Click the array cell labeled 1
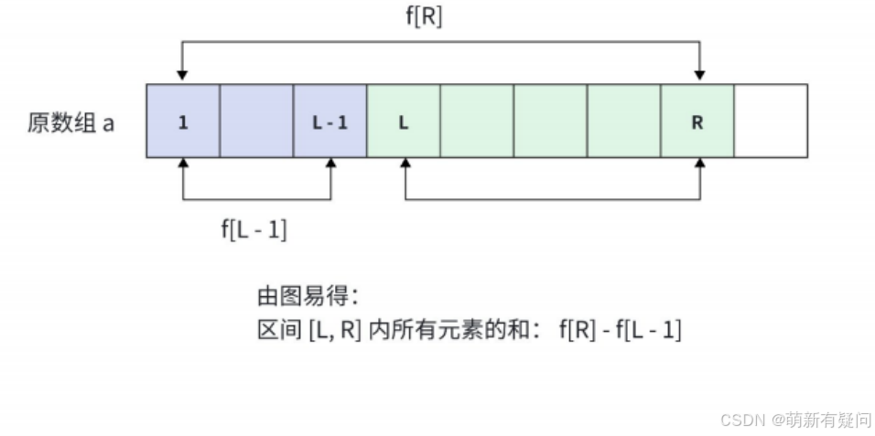point(183,122)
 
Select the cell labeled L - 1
point(329,122)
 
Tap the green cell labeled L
point(403,122)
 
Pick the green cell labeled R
point(697,122)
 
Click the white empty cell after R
point(771,122)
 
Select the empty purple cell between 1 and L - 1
point(256,122)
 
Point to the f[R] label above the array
point(424,18)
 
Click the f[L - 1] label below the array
point(254,230)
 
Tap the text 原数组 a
point(71,122)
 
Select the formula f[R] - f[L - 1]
point(620,331)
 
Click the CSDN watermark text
point(795,420)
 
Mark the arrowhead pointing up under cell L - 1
point(330,165)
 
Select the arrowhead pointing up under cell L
point(404,165)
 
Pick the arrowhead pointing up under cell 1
point(183,165)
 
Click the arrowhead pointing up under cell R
point(700,165)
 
